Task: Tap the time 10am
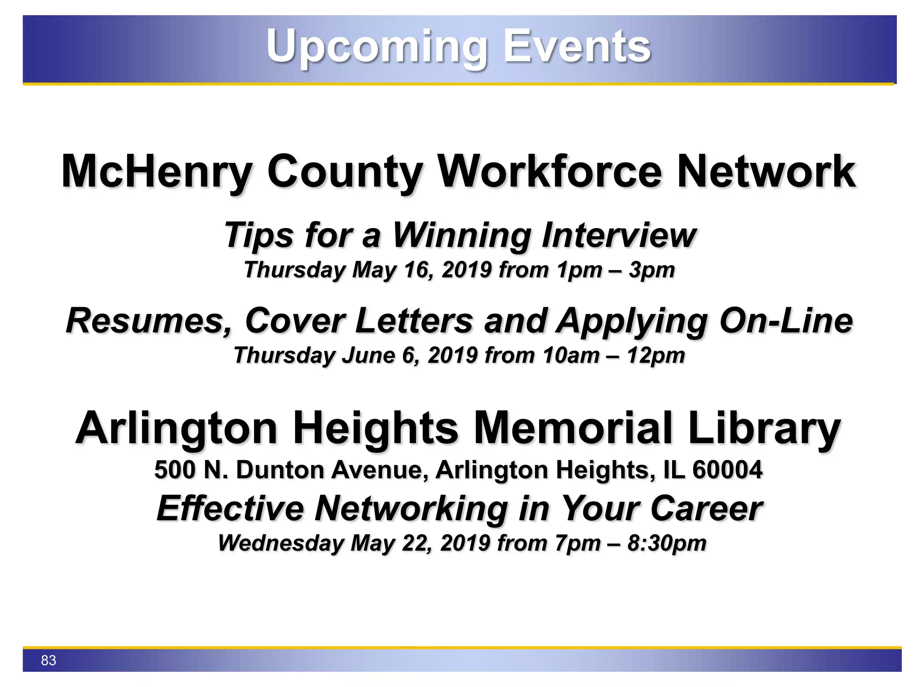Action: pos(570,356)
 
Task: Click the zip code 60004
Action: pos(727,470)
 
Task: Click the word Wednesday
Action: pos(281,543)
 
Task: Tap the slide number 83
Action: pos(48,660)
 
